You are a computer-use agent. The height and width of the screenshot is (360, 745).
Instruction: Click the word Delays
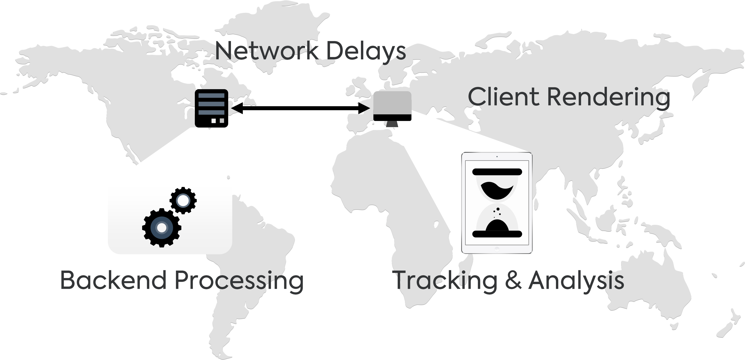point(366,51)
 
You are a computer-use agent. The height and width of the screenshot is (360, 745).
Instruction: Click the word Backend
point(113,280)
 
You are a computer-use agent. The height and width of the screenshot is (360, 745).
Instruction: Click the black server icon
point(211,108)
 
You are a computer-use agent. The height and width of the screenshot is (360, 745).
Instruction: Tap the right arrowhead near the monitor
point(364,108)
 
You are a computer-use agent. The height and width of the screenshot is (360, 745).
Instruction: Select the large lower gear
point(162,228)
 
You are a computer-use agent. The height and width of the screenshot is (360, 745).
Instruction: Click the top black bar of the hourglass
point(497,172)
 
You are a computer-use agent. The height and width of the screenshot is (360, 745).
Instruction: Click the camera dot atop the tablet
point(497,157)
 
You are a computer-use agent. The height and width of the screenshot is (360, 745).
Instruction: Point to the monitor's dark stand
point(392,124)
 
